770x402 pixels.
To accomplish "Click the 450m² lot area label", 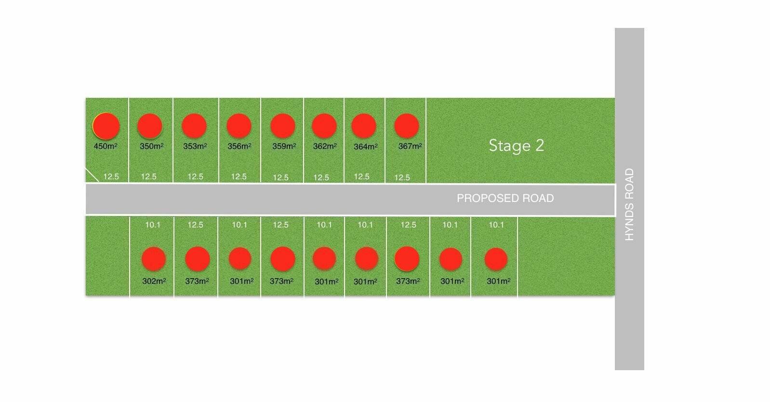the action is point(106,146).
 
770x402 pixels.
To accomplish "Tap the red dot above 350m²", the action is point(150,126).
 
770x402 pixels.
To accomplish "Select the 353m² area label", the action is point(195,146).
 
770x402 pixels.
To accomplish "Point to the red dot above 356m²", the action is point(239,126).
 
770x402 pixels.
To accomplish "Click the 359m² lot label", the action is point(284,146).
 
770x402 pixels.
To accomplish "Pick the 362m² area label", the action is point(324,146).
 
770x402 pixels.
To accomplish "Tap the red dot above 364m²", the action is point(364,126).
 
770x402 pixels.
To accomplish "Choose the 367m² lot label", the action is point(410,146).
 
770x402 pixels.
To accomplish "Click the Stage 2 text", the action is point(517,146).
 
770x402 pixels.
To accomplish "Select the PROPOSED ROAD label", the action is point(505,198).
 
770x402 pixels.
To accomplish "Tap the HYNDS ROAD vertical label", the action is point(629,204).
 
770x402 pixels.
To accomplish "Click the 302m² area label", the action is point(154,281).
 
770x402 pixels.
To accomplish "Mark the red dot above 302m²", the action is point(154,259).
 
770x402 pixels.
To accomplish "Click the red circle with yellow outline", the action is point(106,126).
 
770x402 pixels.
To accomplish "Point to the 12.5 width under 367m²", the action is point(402,177).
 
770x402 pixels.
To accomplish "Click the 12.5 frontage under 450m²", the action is point(111,177).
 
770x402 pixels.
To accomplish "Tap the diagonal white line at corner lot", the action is point(92,174).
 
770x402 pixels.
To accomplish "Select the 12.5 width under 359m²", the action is point(280,177).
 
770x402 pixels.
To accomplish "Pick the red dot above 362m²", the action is point(324,126).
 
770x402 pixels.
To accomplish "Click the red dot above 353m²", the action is point(194,126).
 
